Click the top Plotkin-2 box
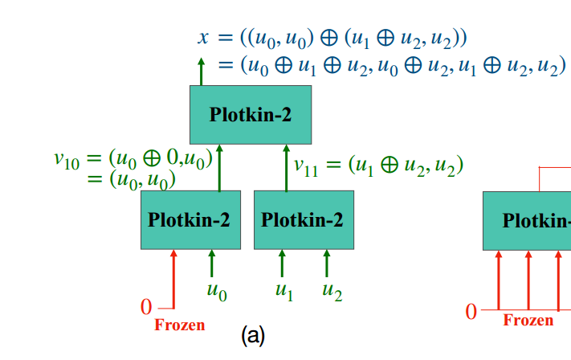251,115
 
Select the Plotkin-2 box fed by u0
190,219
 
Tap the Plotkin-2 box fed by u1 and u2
304,219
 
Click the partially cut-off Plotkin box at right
527,220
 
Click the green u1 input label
283,292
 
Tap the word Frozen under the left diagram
179,325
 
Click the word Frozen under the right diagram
528,320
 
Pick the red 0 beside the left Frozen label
146,306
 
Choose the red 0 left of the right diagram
471,310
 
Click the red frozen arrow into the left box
173,277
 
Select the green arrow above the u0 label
212,264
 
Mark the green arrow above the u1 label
282,264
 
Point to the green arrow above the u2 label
327,264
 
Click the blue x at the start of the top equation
203,37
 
